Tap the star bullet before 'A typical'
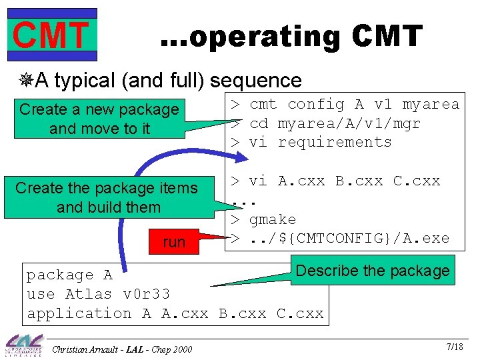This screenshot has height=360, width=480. click(x=26, y=81)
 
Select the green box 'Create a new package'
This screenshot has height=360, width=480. click(x=99, y=118)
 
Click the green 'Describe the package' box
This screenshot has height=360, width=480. click(x=372, y=271)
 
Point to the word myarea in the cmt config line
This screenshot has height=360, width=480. click(x=431, y=104)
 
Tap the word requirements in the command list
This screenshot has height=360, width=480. click(x=335, y=142)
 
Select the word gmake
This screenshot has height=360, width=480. click(x=273, y=219)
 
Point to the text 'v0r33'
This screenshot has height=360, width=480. click(x=147, y=294)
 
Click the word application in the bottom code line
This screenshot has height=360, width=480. click(x=79, y=313)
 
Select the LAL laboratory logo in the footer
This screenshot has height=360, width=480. click(x=24, y=345)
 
